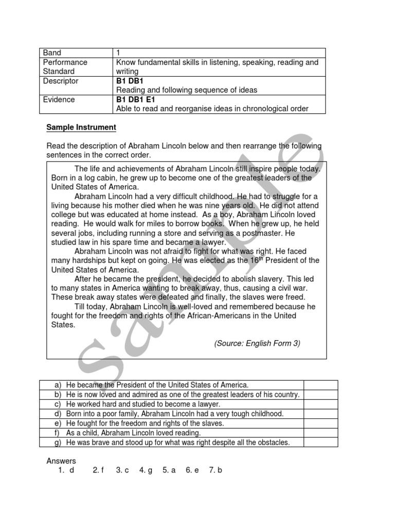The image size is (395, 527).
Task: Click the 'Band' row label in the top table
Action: point(52,52)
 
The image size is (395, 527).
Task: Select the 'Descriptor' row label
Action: point(60,81)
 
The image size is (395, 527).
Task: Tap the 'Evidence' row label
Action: point(59,99)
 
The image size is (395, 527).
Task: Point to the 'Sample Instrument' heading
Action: point(81,127)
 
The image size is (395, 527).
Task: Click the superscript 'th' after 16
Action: point(260,258)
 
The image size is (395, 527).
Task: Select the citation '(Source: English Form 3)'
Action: point(257,343)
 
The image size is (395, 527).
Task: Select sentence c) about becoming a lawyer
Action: point(143,404)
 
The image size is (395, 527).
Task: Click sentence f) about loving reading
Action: point(134,433)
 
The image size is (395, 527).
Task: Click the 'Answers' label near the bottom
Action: point(61,461)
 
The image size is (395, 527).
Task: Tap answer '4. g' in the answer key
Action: point(146,470)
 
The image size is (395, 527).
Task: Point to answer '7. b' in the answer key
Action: point(216,470)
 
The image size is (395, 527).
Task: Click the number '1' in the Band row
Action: point(118,52)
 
